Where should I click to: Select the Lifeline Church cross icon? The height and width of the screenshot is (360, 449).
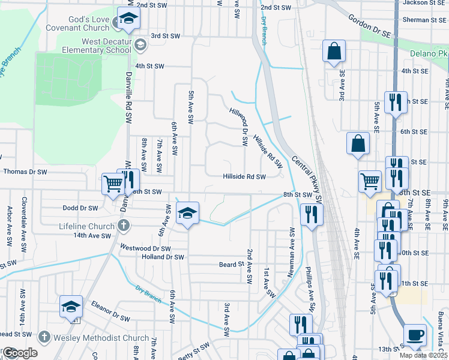tap(123, 226)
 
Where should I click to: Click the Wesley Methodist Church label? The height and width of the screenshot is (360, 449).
tap(101, 338)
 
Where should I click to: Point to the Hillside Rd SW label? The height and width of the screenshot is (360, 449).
tap(244, 176)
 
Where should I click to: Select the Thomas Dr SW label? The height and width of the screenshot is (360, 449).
tap(25, 172)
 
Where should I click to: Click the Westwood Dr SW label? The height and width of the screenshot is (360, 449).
tap(145, 248)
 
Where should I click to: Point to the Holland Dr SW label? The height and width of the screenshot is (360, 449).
tap(162, 257)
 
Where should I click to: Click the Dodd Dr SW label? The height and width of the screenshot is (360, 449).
tap(80, 208)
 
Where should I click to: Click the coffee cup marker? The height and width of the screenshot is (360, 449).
tap(414, 335)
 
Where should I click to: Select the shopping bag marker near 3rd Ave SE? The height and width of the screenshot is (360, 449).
tap(334, 52)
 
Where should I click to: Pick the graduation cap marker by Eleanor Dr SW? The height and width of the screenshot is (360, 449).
tap(71, 307)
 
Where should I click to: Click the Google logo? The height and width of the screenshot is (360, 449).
tap(19, 353)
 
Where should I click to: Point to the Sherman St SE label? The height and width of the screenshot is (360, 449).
tap(424, 20)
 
